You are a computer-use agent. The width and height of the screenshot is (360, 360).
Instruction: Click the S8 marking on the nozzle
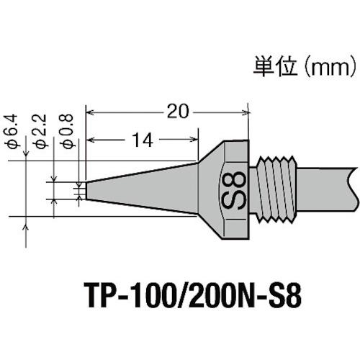coord(236,189)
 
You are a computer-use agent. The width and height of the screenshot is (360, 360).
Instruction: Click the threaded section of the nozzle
coord(278,189)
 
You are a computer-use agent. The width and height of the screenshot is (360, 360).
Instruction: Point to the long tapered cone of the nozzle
coord(144,189)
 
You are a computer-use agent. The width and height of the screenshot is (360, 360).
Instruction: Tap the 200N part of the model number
coord(204,295)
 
